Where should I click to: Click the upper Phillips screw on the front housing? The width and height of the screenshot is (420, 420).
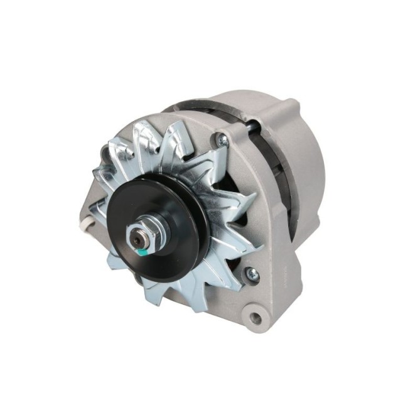[x=220, y=139]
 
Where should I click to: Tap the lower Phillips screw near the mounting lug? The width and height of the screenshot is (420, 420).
[x=252, y=273]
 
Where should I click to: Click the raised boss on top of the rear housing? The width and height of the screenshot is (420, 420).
[x=276, y=107]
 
